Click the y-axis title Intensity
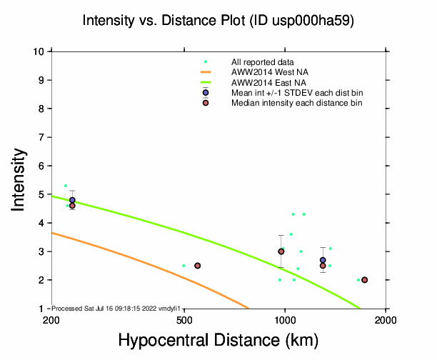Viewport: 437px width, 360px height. [19, 179]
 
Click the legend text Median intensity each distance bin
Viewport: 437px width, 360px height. [296, 103]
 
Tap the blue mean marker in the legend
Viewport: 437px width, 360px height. [206, 93]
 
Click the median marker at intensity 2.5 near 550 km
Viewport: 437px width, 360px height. [198, 266]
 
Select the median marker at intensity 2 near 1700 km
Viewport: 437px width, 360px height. [364, 280]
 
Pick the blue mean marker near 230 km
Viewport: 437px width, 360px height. [72, 200]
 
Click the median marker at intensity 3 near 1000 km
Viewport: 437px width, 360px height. [281, 251]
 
